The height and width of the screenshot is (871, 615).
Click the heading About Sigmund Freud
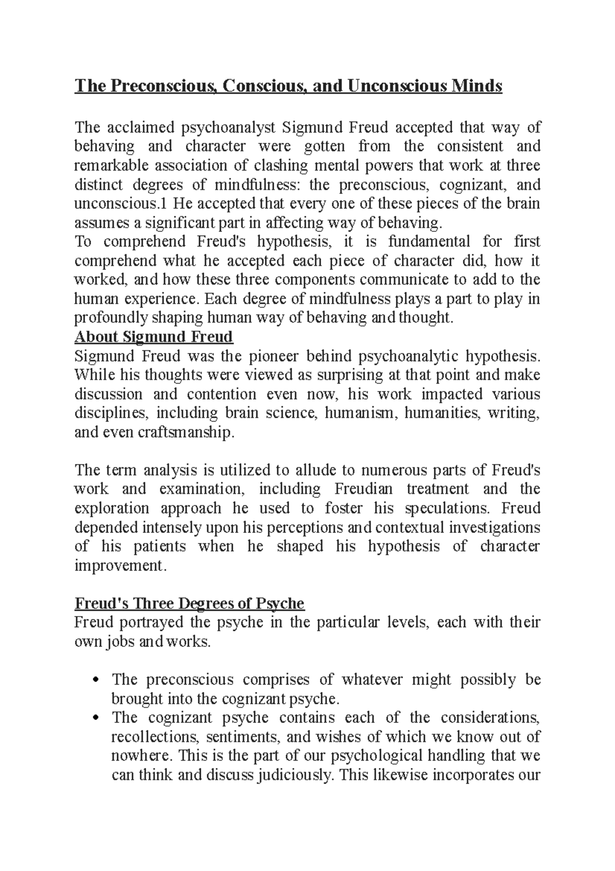[x=154, y=337]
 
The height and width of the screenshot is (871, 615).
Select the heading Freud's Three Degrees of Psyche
[x=190, y=603]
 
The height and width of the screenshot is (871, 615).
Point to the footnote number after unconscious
[x=164, y=204]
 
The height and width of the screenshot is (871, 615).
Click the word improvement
[x=119, y=566]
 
